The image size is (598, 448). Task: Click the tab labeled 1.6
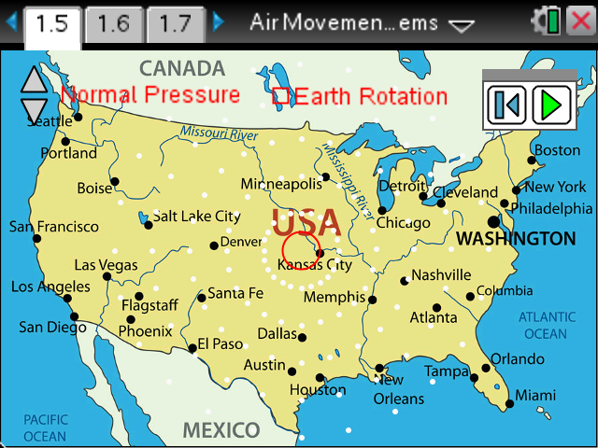pos(113,24)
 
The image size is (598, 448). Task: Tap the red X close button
pos(579,22)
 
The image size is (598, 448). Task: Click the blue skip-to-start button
pos(507,105)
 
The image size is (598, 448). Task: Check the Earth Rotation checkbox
pos(280,95)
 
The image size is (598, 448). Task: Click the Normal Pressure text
pos(150,94)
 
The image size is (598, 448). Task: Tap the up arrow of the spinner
pos(34,80)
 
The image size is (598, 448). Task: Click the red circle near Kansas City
pos(300,250)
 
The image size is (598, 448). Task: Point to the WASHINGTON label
pos(515,239)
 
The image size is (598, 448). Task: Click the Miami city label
pos(534,395)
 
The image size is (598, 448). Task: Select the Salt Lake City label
pos(196,216)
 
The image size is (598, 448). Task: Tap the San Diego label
pos(52,327)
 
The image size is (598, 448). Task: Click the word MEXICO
pos(221,430)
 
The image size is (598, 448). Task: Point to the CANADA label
pos(182,68)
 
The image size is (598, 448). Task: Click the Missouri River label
pos(220,133)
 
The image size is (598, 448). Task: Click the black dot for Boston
pos(532,161)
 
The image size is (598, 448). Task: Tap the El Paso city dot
pos(192,348)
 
